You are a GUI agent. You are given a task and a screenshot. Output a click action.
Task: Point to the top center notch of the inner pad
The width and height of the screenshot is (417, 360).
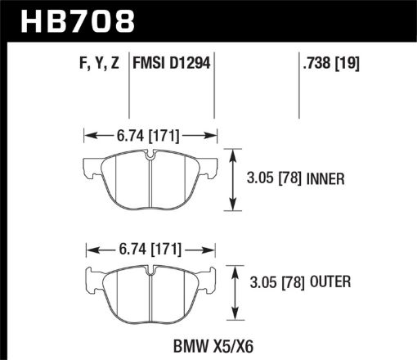[x=150, y=155]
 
